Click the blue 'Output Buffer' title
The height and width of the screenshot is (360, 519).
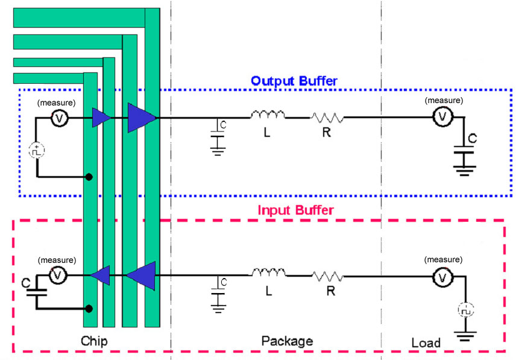[x=294, y=81]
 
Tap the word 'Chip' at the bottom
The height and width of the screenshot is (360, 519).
[x=94, y=342]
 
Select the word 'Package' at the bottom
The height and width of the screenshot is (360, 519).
[x=287, y=341]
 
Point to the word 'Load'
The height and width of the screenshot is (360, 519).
[x=426, y=343]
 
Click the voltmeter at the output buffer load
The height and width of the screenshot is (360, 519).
[x=442, y=118]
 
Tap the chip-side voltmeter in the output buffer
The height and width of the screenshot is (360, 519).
[x=60, y=119]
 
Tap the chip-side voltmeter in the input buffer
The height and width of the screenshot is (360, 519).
[x=58, y=276]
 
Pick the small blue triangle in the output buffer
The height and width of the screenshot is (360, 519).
[x=101, y=118]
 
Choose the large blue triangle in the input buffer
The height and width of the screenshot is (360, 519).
[x=140, y=275]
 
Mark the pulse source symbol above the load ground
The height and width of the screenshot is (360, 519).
[x=466, y=311]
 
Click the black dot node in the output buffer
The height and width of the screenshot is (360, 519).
[x=89, y=177]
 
